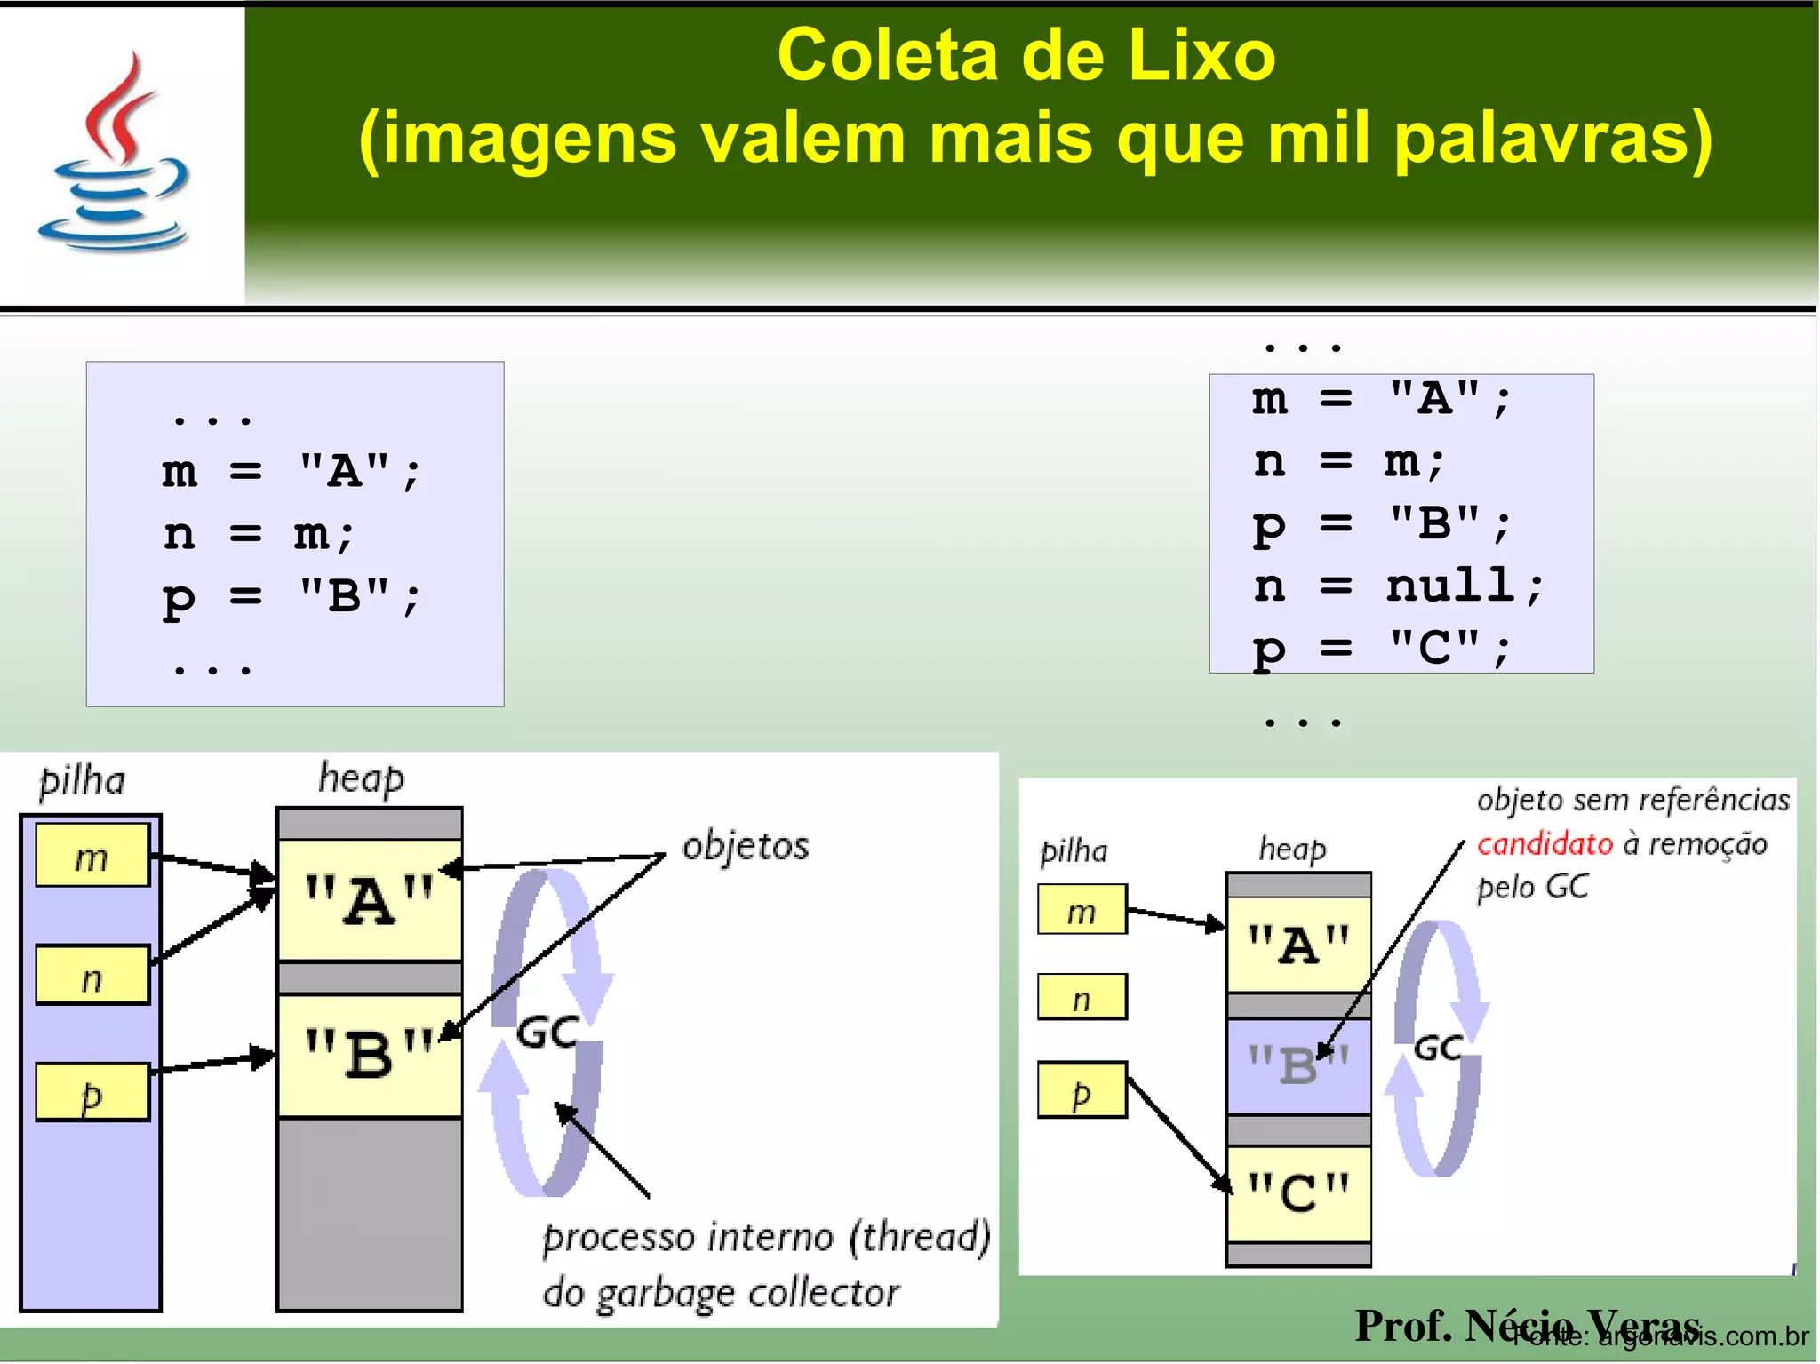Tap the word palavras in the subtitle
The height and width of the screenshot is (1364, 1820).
pyautogui.click(x=1551, y=139)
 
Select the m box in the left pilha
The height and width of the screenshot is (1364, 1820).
pyautogui.click(x=92, y=856)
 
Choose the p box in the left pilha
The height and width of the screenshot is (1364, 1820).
pyautogui.click(x=92, y=1093)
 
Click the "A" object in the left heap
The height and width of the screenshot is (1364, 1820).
pyautogui.click(x=369, y=900)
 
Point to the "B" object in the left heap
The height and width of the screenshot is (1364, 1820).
pyautogui.click(x=369, y=1055)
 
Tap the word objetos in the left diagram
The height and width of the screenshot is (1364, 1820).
pyautogui.click(x=746, y=846)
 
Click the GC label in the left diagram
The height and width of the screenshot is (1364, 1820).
pyautogui.click(x=547, y=1033)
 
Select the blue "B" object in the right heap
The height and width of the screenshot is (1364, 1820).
pyautogui.click(x=1298, y=1065)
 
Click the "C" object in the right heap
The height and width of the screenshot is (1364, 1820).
pyautogui.click(x=1298, y=1193)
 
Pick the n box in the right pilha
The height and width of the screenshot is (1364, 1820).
pyautogui.click(x=1082, y=998)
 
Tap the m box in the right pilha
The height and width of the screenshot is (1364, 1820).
pyautogui.click(x=1082, y=910)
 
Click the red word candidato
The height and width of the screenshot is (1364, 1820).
pyautogui.click(x=1545, y=843)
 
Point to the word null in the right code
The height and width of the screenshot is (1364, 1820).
pyautogui.click(x=1450, y=586)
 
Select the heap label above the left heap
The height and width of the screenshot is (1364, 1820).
pyautogui.click(x=362, y=778)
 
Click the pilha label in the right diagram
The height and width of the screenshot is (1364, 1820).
pyautogui.click(x=1074, y=851)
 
